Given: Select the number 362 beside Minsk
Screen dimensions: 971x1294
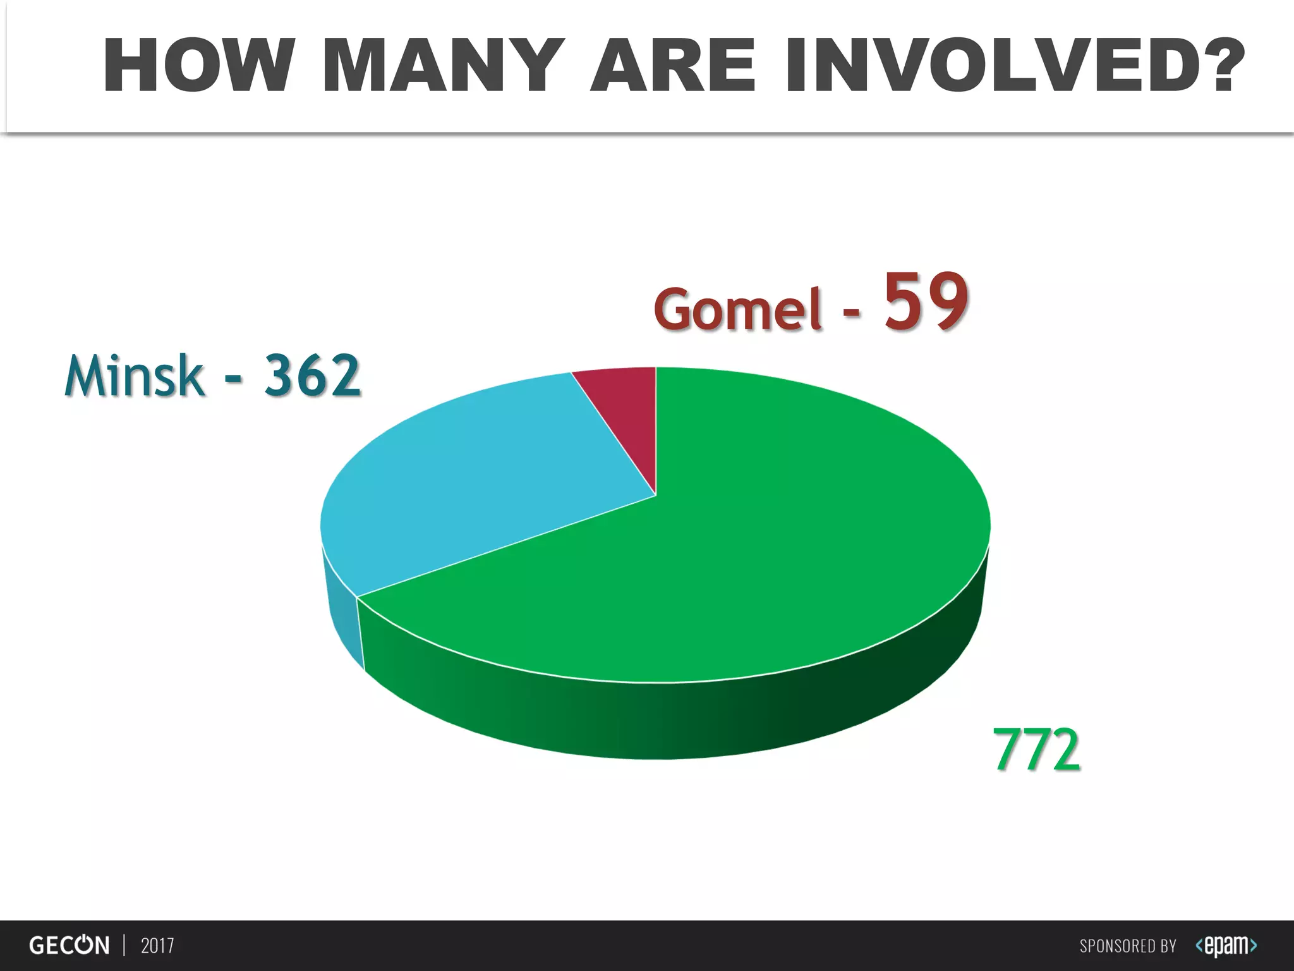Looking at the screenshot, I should click(312, 376).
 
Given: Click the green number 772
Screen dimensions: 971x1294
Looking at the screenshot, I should click(1036, 750).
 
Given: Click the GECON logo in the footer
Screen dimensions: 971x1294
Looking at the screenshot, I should click(70, 946).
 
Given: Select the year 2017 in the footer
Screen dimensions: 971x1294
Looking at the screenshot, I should click(157, 946).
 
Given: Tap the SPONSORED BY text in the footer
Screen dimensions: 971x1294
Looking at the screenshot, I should click(1127, 946).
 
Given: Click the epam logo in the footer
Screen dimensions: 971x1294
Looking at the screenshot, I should click(1226, 946).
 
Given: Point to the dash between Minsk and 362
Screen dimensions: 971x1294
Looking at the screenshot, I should click(233, 379).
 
